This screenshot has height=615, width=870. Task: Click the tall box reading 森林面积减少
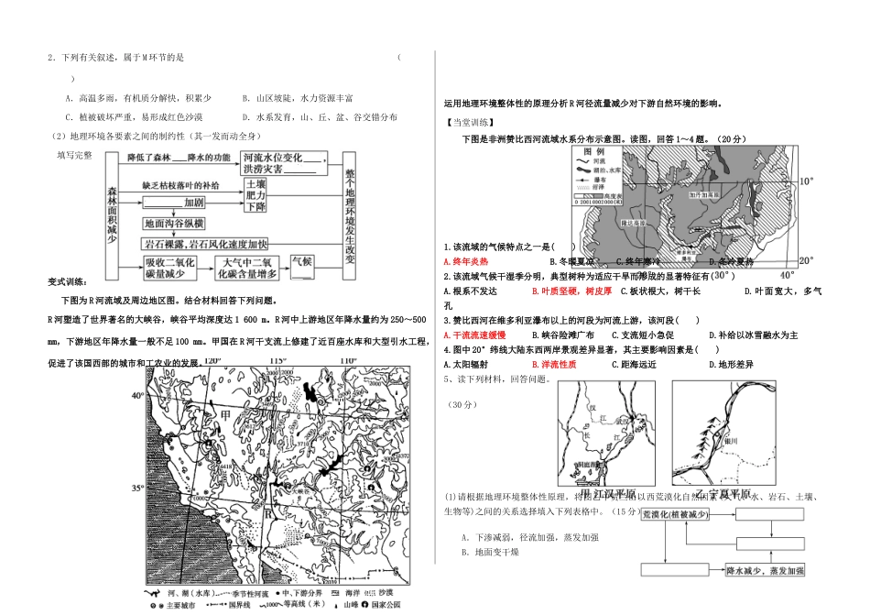pos(113,213)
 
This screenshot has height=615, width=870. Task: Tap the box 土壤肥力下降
pos(256,195)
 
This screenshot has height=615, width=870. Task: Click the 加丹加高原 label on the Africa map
pos(707,194)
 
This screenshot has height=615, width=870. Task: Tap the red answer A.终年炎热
pos(469,261)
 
